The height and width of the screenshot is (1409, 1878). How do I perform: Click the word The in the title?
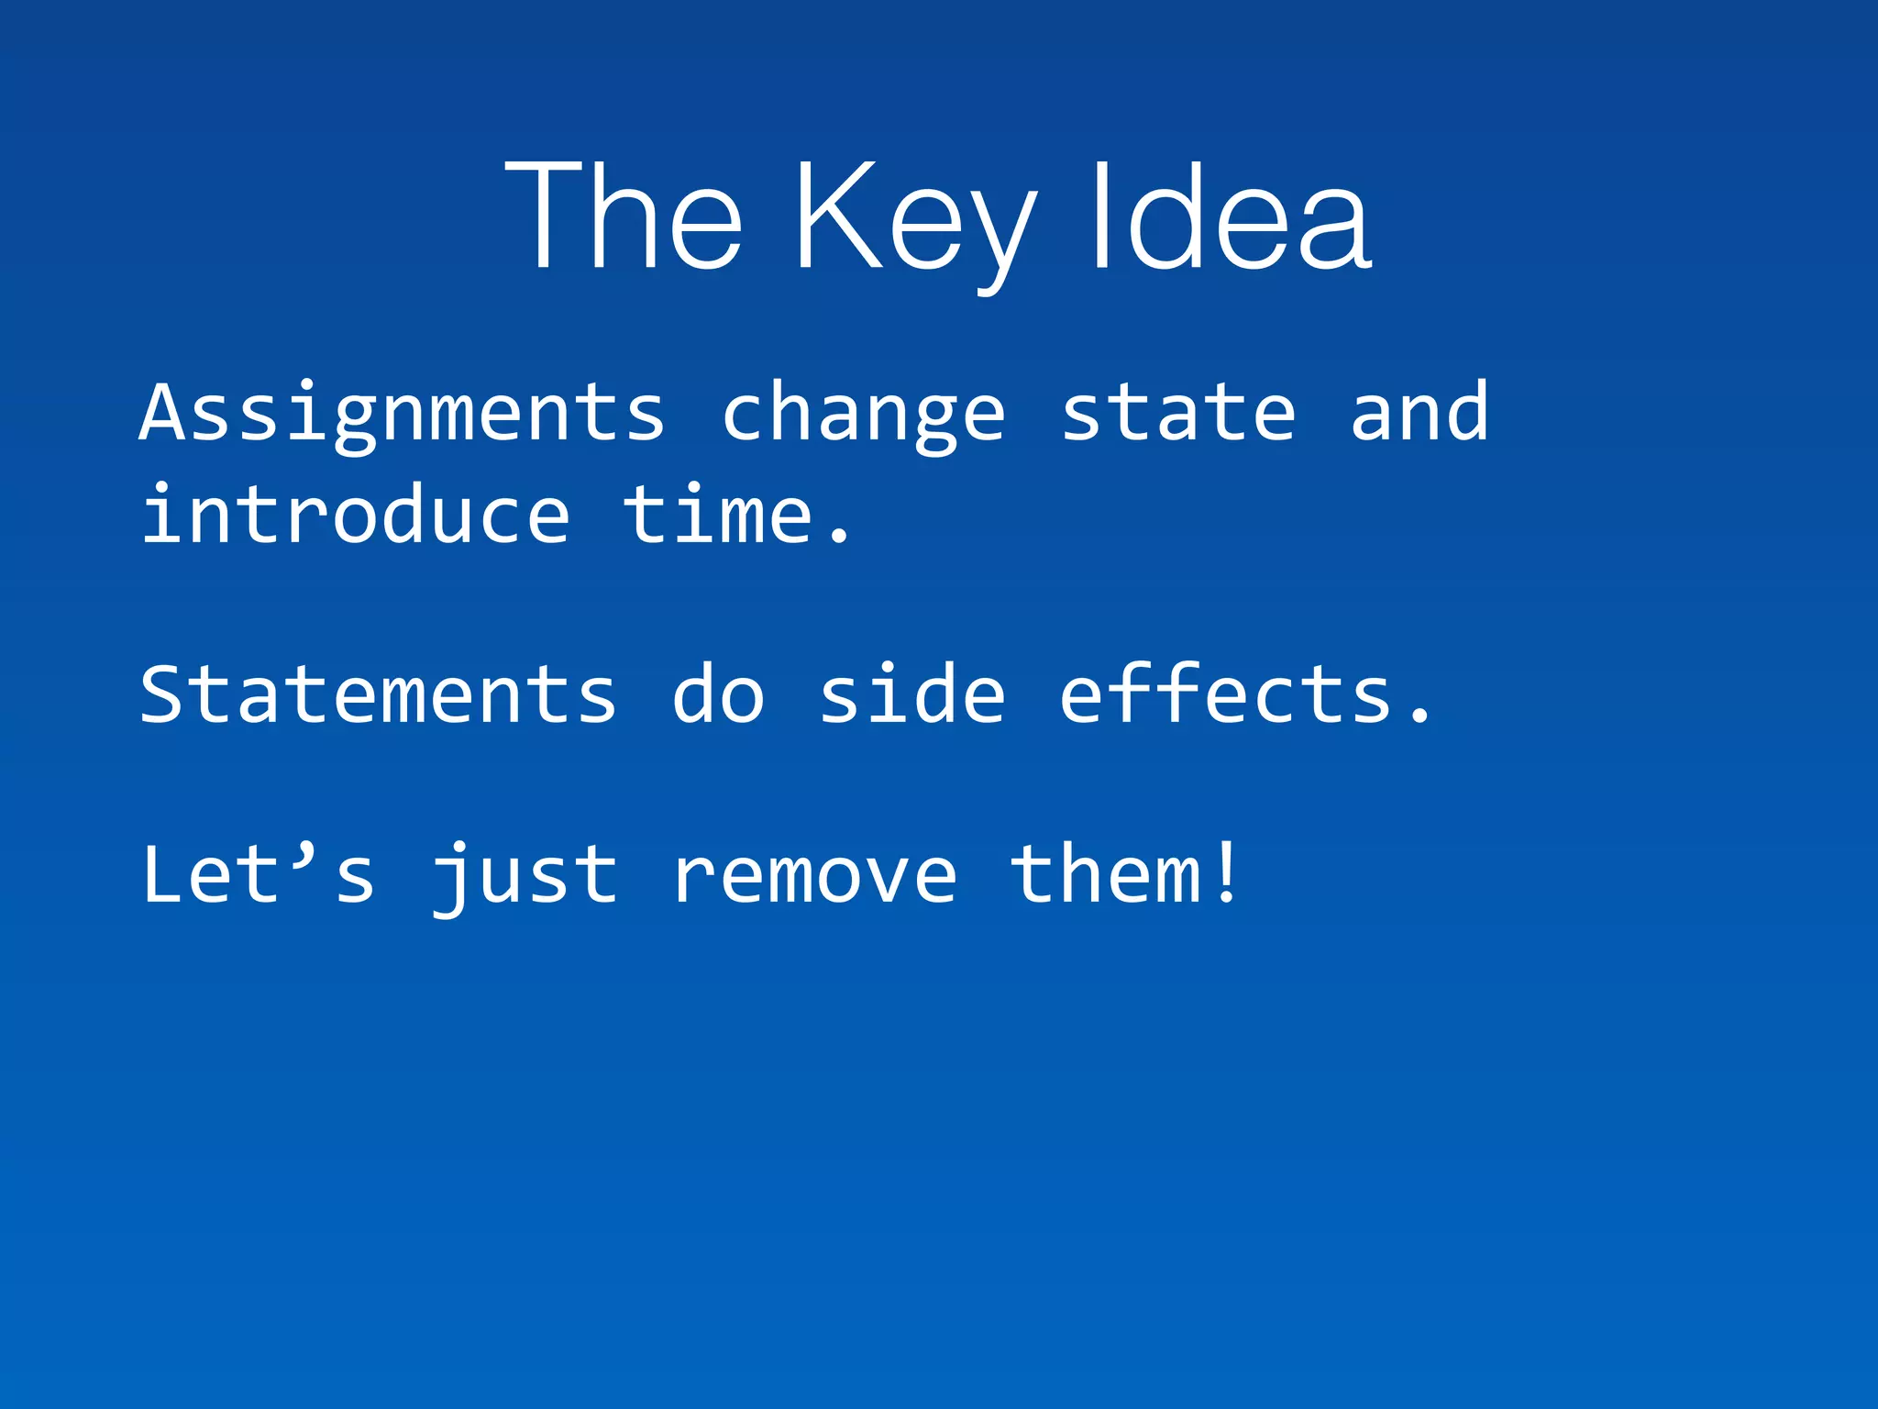[624, 216]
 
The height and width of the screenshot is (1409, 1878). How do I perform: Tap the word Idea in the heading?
[1229, 216]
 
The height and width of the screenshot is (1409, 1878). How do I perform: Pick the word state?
[1178, 413]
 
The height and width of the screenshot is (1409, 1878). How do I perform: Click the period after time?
[838, 537]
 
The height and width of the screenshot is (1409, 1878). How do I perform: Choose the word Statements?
[379, 694]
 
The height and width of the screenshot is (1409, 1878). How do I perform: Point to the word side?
[911, 694]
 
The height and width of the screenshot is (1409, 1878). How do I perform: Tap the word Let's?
[259, 874]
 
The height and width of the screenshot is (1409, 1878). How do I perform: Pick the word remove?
[814, 876]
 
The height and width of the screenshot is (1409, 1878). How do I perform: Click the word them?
[1105, 874]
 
